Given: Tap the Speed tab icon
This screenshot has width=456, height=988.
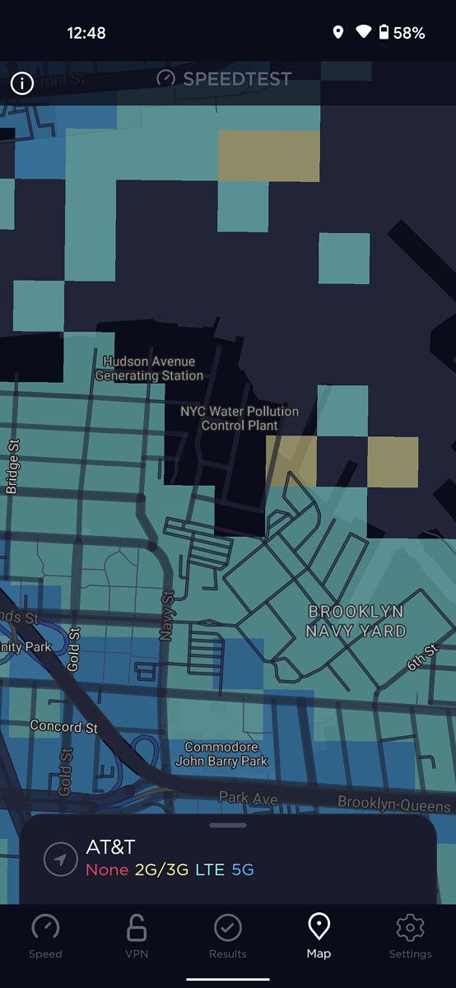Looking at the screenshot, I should pos(45,928).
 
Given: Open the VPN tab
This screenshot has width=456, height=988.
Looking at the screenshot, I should pos(137,928).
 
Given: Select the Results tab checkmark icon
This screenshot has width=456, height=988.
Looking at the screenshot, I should pos(228,928).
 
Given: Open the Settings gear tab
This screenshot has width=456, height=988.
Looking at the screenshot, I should pos(410,928).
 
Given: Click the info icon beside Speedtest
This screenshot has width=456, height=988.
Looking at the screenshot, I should pos(21,83).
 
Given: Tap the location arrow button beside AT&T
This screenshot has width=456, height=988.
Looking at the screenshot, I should pos(60,859).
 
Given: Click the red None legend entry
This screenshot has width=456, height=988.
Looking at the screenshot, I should pos(107,869).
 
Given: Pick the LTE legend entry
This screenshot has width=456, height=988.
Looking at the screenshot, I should pos(210,869).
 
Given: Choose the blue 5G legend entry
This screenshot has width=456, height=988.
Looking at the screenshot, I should pos(243,869).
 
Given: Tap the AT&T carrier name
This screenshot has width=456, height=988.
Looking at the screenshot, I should pos(110,847).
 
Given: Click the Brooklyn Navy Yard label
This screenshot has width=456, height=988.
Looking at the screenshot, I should pos(356,622).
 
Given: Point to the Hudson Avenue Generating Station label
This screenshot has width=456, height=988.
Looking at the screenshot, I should pos(149,368).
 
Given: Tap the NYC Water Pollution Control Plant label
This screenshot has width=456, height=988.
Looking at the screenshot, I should pos(240,418).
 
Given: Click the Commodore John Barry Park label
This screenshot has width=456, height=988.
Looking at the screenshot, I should pos(226,754).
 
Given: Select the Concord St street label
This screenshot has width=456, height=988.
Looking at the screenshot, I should pos(63,727).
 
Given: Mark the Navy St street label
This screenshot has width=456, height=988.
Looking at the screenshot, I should pos(168,616).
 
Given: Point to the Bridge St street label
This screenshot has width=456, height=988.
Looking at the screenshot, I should pos(12,466).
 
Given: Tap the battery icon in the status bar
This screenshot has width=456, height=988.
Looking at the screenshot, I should pos(384,33).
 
